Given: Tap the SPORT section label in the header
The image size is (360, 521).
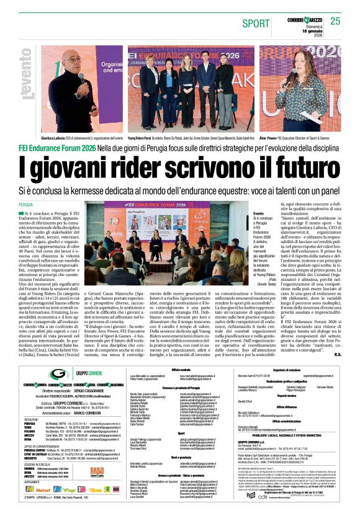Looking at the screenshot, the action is click(256, 23).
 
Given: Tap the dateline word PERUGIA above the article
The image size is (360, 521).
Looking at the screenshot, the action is click(26, 204).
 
